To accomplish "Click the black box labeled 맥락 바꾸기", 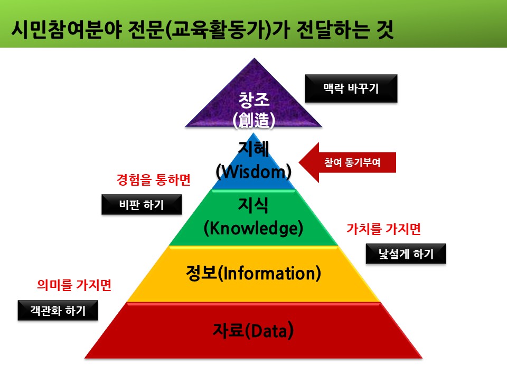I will coord(351,88).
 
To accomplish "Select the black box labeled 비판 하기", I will coord(142,205).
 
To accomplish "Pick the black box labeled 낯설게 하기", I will coord(406,254).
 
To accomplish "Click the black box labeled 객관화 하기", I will coord(59,311).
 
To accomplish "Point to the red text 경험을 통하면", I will coord(153,180).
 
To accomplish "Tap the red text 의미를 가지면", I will coord(74,285).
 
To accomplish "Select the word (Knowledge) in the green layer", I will coord(253,228).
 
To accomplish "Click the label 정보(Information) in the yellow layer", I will coord(253,274).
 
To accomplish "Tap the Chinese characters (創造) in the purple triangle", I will coord(254,120).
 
